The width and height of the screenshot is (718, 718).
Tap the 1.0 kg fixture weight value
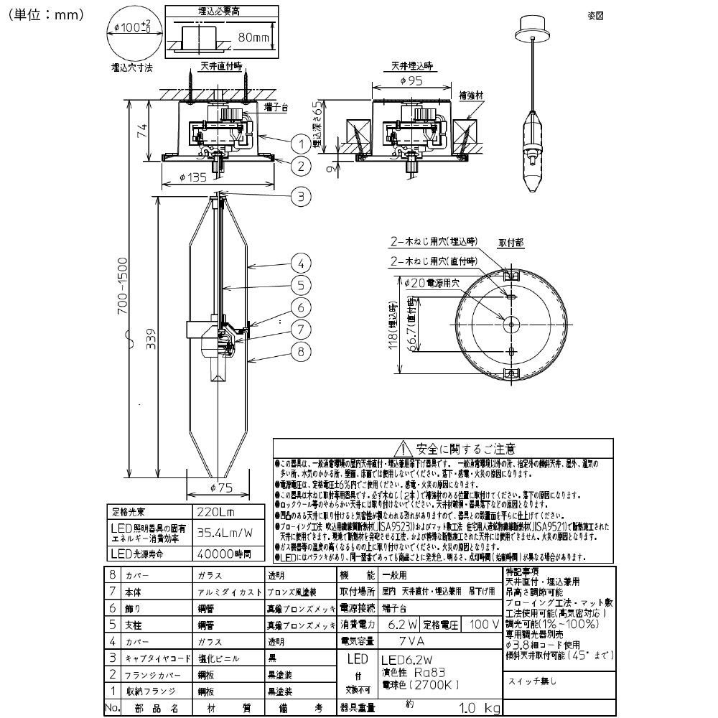point(470,709)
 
